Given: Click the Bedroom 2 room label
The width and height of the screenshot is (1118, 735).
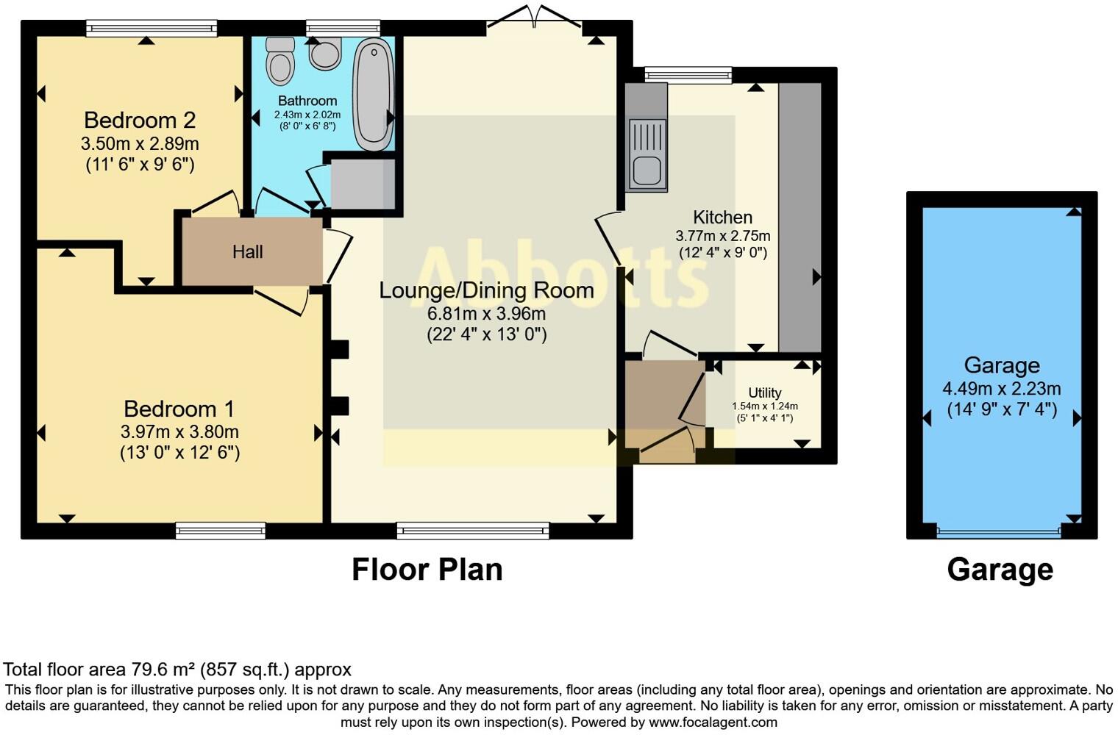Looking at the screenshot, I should [140, 120].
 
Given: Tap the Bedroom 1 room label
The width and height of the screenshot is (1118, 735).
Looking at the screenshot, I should [179, 409].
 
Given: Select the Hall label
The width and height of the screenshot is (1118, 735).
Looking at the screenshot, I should [247, 252].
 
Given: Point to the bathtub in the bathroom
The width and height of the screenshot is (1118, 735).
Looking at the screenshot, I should [374, 94].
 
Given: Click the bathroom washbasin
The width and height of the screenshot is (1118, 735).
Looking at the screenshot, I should [324, 53].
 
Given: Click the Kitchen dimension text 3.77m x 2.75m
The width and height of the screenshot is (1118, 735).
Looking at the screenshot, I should [722, 236].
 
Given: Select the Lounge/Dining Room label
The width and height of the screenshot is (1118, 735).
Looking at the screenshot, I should [486, 290].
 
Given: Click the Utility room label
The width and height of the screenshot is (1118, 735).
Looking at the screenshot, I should [764, 392].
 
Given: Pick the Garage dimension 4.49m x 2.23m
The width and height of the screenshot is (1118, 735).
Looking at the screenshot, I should [1001, 389].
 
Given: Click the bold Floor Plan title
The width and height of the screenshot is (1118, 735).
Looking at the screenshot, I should [427, 570].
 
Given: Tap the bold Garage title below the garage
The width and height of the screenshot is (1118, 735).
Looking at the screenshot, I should [1000, 570].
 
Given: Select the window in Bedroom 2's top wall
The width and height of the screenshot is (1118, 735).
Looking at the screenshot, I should [152, 29].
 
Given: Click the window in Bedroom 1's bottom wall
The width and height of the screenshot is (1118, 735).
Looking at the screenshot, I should [220, 530].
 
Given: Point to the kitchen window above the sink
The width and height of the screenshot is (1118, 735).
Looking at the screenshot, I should [688, 74].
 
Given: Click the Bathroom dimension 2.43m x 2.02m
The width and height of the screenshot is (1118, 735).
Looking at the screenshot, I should [307, 115].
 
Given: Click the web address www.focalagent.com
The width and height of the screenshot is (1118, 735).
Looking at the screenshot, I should [713, 723].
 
